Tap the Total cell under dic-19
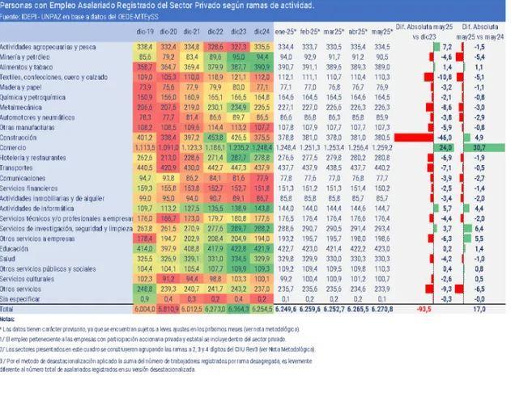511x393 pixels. (146, 309)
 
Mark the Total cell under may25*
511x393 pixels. (384, 309)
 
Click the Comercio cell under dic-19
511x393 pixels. (146, 147)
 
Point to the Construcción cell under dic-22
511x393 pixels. (216, 137)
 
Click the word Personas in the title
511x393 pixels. (16, 5)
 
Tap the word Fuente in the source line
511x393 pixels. (12, 15)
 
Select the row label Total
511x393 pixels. (9, 309)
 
